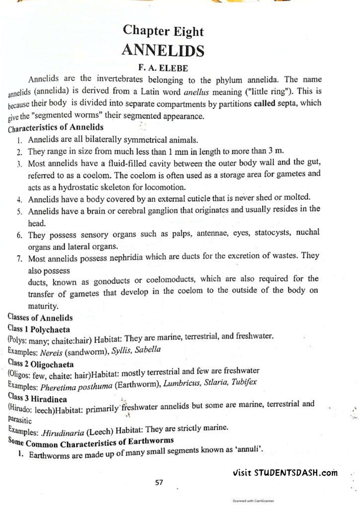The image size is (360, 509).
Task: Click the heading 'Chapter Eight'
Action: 164,31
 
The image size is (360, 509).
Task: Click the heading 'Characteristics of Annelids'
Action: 56,127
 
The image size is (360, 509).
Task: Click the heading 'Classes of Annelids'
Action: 40,318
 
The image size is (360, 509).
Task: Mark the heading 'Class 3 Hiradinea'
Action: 38,398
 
